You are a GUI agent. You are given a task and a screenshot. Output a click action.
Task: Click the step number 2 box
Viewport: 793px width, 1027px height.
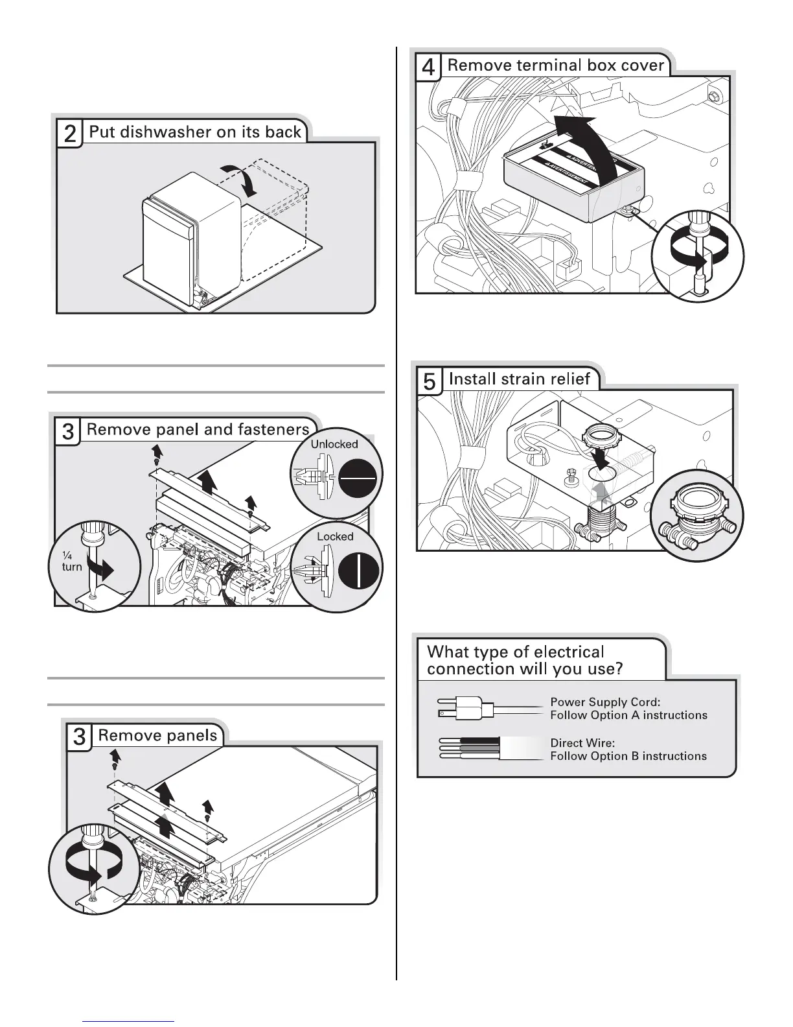click(x=70, y=134)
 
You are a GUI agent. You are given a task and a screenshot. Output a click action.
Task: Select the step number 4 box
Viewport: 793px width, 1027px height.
click(x=428, y=67)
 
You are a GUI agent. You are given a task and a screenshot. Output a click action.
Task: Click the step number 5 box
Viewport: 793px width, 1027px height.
click(x=430, y=381)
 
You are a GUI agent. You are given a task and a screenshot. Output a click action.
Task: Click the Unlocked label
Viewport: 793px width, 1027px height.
click(x=334, y=444)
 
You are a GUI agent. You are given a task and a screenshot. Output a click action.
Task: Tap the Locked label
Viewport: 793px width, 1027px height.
click(x=335, y=537)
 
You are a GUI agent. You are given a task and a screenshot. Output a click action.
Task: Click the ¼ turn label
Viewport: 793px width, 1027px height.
click(x=72, y=561)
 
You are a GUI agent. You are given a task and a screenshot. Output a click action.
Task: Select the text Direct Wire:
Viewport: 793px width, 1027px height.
click(x=582, y=743)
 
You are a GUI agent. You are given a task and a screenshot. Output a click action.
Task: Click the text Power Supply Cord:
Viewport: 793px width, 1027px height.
click(x=605, y=702)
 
